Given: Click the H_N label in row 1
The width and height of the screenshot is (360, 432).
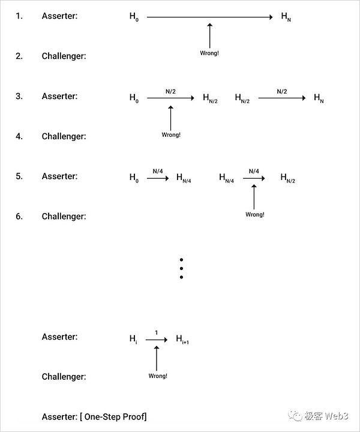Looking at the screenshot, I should click(286, 17).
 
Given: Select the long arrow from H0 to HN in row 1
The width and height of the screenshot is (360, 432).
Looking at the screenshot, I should click(209, 17).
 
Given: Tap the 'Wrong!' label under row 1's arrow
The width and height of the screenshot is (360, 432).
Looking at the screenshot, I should click(209, 53).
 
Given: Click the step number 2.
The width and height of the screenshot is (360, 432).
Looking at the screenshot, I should click(19, 56).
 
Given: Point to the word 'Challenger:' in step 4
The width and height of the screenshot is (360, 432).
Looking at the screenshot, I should click(64, 136).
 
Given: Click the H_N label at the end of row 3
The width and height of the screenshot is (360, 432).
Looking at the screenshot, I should click(319, 98).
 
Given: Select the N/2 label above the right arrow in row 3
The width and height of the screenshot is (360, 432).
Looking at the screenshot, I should click(281, 92).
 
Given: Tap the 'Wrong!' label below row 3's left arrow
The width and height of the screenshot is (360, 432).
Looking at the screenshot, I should click(171, 135).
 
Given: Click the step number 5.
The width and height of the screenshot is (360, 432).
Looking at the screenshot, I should click(19, 176).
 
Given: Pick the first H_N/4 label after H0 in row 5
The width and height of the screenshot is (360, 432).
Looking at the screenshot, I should click(183, 178).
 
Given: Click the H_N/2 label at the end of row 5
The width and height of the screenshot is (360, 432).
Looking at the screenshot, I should click(288, 178).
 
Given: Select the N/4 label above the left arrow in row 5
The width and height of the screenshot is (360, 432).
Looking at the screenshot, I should click(157, 172).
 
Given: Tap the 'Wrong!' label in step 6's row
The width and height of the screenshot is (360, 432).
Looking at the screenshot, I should click(254, 214).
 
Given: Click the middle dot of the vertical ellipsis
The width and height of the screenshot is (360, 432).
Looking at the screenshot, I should click(181, 268).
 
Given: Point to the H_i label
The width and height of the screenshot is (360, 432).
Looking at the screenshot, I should click(133, 339).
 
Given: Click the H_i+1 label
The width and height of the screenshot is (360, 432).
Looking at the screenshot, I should click(182, 340).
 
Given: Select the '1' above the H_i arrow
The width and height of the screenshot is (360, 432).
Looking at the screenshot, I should click(156, 332).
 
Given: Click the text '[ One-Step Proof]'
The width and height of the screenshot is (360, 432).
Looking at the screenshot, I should click(113, 416).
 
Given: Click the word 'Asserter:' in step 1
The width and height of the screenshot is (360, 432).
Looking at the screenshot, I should click(59, 16).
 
